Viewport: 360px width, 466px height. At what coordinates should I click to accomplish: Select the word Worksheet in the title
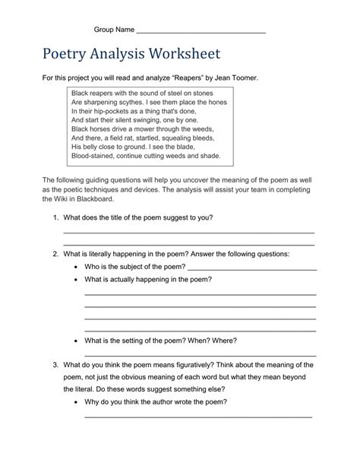coord(184,55)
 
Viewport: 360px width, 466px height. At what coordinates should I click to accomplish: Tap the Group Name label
coord(113,30)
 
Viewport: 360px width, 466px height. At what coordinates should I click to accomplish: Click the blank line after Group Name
coord(201,31)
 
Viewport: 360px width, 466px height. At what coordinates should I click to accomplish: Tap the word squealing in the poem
coord(181,138)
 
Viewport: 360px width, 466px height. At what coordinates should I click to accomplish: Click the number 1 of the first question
coord(55,217)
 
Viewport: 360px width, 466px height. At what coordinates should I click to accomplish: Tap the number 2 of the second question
coord(55,253)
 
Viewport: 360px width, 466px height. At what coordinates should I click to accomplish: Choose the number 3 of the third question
coord(55,365)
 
